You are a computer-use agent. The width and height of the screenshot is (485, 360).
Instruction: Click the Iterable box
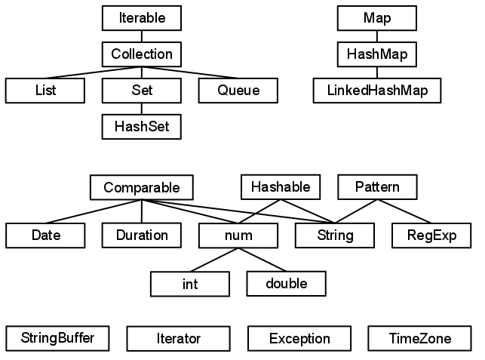[x=142, y=17]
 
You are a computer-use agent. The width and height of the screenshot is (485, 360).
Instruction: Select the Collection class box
[x=142, y=54]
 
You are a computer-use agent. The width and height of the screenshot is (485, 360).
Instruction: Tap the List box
[x=45, y=91]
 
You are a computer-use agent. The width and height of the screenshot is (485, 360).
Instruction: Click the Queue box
[x=238, y=91]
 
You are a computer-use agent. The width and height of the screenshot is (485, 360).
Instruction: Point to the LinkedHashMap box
[x=377, y=91]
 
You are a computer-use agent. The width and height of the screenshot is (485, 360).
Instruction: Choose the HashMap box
[x=377, y=54]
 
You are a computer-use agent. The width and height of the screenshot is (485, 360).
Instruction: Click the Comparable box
[x=142, y=186]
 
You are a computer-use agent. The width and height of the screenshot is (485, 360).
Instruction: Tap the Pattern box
[x=377, y=186]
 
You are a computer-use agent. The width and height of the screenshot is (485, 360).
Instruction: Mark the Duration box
[x=142, y=235]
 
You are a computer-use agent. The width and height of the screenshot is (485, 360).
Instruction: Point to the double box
[x=287, y=283]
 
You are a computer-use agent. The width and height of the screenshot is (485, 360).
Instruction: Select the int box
[x=190, y=285]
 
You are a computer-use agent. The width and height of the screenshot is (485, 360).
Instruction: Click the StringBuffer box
[x=57, y=337]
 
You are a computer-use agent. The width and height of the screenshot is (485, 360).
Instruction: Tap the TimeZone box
[x=419, y=339]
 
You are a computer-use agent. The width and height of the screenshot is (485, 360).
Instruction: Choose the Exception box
[x=299, y=339]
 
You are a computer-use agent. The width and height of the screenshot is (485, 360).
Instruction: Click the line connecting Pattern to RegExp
[x=404, y=211]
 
